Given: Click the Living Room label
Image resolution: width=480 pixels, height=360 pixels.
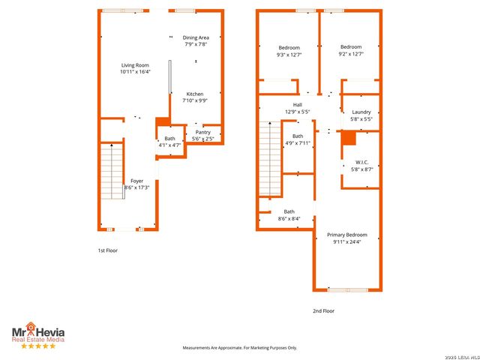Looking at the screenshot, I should [x=136, y=69].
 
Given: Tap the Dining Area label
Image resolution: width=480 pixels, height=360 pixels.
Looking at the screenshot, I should [x=196, y=41].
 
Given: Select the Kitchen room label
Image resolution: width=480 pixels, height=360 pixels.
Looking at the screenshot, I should [x=194, y=97].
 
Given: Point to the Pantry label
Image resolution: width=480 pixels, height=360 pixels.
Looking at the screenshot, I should [x=203, y=136].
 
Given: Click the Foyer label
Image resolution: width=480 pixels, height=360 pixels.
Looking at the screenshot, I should [x=136, y=184].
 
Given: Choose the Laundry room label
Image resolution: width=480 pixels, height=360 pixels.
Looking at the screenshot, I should [x=361, y=115].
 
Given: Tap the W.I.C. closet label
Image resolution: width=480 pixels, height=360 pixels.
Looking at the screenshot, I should [x=361, y=166].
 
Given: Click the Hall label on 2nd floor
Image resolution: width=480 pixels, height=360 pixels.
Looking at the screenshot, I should [x=298, y=108].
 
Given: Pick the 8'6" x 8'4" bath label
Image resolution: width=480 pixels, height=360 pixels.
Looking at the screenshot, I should [x=289, y=215].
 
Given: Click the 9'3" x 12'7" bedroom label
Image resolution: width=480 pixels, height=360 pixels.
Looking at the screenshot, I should [x=289, y=50].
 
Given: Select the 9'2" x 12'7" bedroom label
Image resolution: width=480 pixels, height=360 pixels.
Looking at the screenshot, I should [x=351, y=50].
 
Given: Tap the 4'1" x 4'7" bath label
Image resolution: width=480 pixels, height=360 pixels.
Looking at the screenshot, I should [x=169, y=141].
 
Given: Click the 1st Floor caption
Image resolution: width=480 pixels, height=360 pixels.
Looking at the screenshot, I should [x=107, y=250].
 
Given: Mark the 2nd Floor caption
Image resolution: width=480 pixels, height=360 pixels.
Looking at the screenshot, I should [x=323, y=310].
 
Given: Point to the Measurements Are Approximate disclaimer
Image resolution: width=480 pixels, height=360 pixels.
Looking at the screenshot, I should [x=240, y=348].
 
